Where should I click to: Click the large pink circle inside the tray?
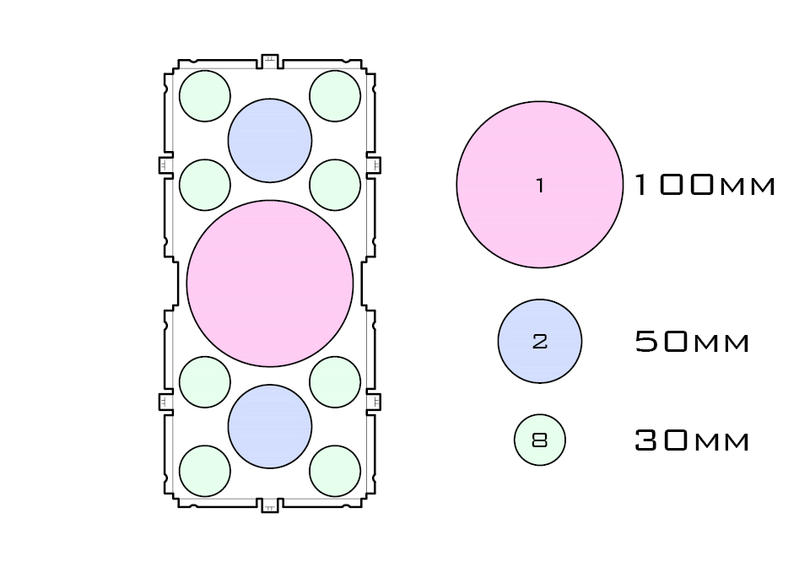coord(270,283)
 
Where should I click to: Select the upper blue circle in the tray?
coord(270,141)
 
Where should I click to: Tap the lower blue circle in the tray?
coord(270,426)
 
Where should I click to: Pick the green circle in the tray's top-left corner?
coord(205,96)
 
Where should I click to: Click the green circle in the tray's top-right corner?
coord(335,96)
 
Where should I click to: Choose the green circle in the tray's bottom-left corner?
coord(205,471)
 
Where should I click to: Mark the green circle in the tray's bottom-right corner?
coord(335,471)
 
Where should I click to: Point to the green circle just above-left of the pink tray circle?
coord(205,185)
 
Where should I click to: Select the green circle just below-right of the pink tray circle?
coord(335,381)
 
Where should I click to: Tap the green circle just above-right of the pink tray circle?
coord(335,185)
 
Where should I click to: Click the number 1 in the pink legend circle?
coord(540,186)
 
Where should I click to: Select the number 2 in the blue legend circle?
coord(540,342)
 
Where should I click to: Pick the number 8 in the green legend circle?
coord(540,440)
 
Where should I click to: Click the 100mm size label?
coord(704,186)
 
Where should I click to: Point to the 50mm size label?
coord(692,342)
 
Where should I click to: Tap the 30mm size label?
coord(692,440)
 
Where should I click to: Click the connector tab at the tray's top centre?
coord(270,61)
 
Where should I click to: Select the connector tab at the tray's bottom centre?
coord(270,505)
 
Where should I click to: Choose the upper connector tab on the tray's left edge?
coord(165,165)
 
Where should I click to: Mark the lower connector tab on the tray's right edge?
coord(374,401)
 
